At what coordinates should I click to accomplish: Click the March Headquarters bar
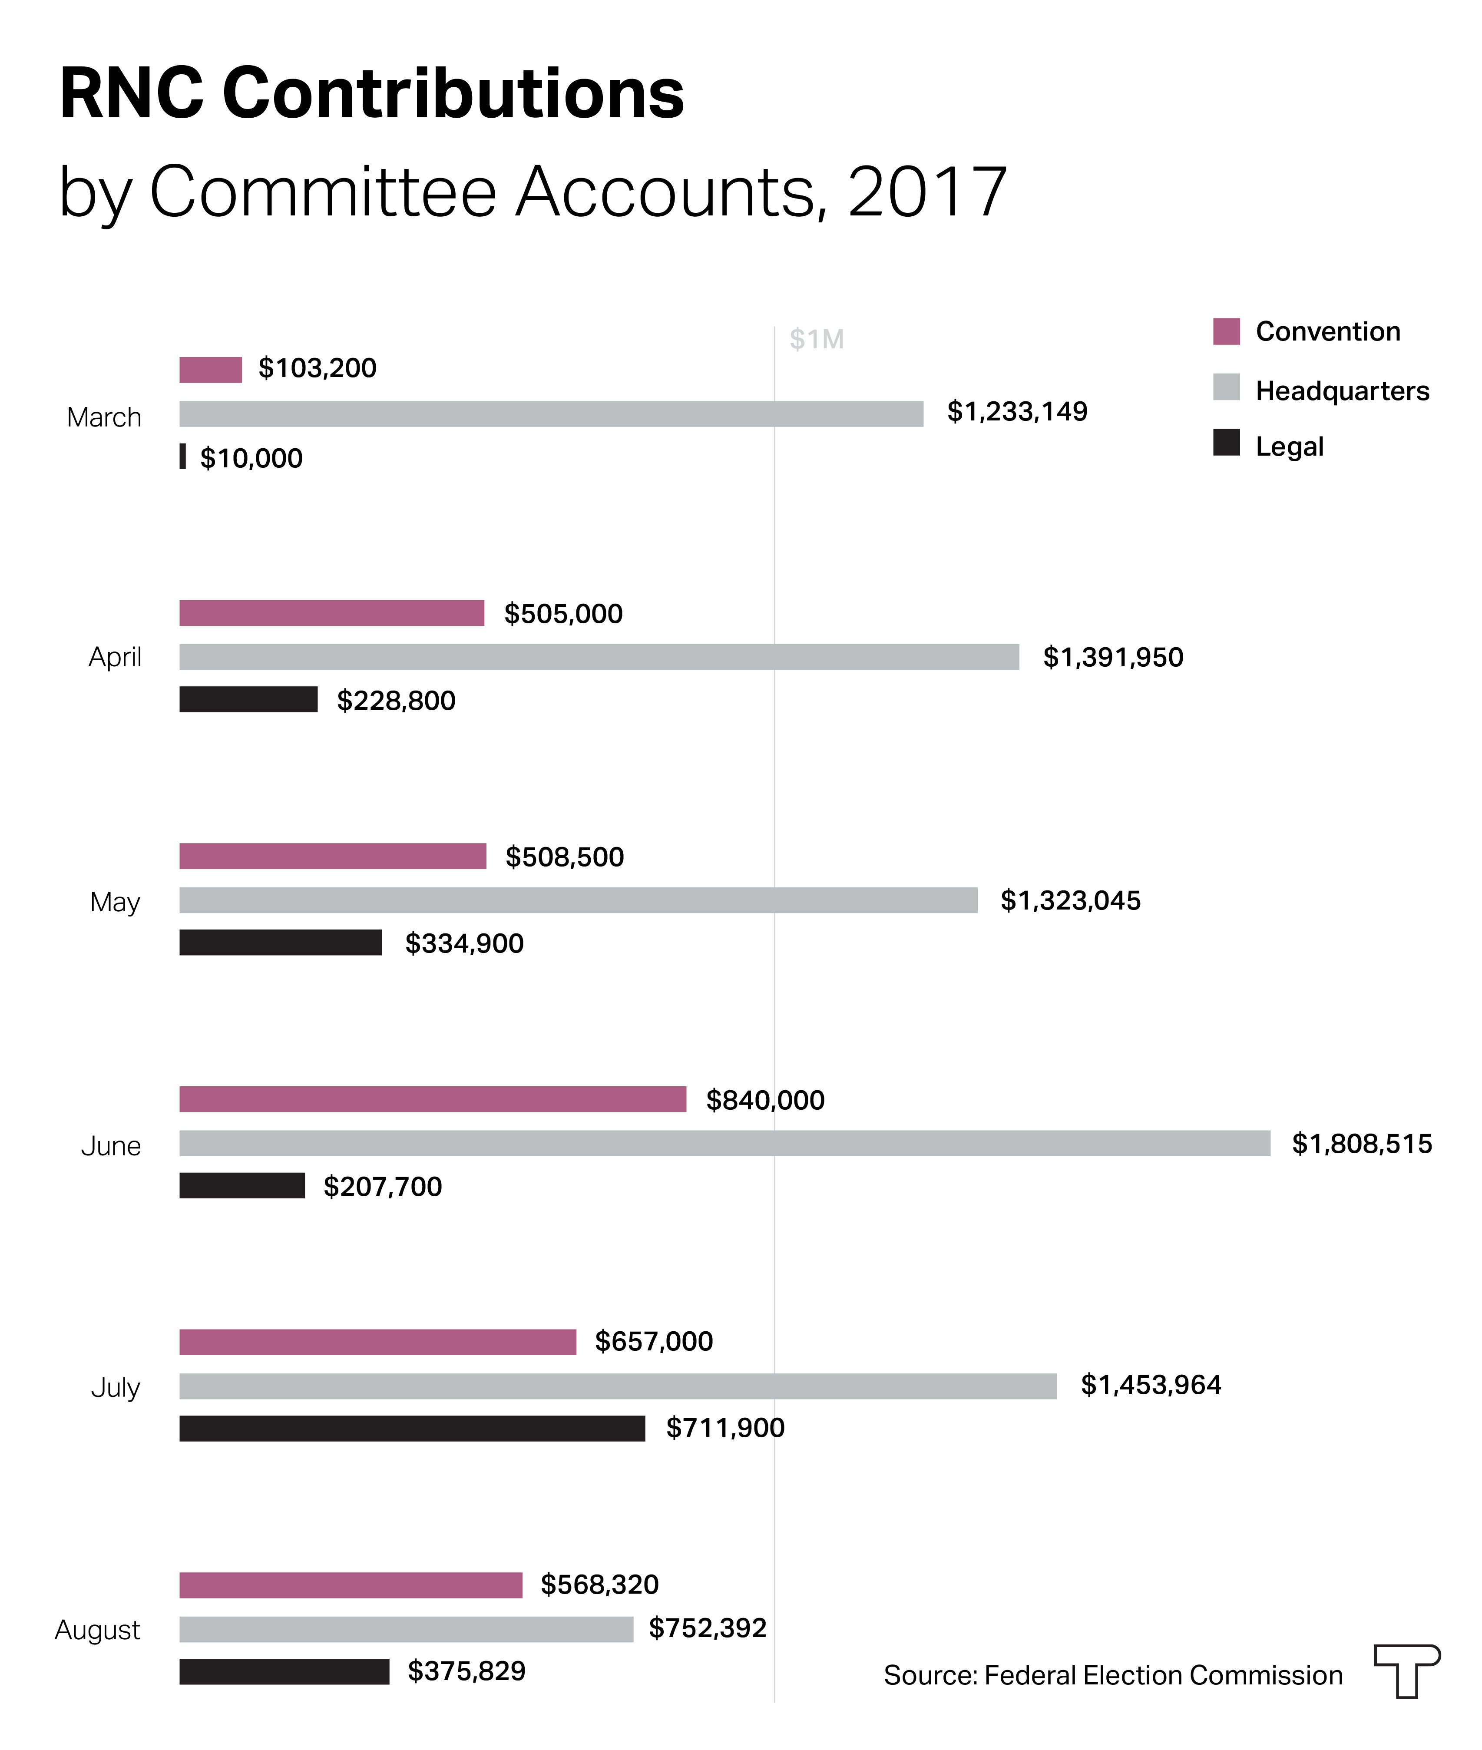coord(551,414)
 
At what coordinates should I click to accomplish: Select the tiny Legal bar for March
coord(182,456)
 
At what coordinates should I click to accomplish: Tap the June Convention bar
coord(433,1099)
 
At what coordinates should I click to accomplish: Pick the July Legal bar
coord(412,1428)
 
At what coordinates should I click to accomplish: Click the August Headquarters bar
coord(406,1629)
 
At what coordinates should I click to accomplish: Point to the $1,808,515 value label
coord(1361,1143)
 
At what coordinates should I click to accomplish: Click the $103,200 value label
coord(317,368)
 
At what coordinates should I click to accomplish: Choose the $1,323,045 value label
coord(1070,900)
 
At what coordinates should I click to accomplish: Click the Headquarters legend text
coord(1342,390)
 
